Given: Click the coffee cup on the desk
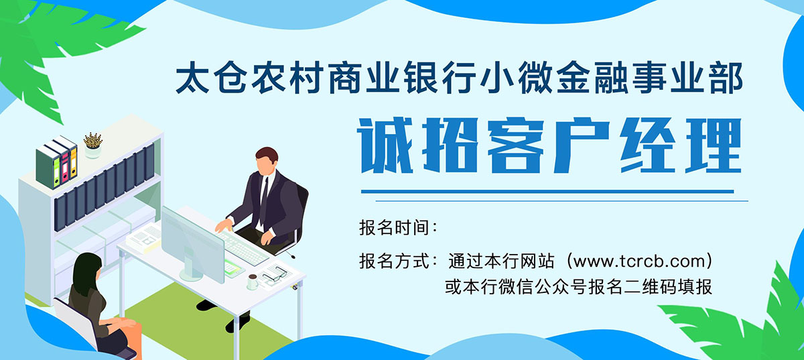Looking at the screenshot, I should click(253, 282).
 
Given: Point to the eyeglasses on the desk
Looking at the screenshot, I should click(275, 274).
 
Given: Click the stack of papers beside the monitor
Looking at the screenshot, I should click(145, 238).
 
